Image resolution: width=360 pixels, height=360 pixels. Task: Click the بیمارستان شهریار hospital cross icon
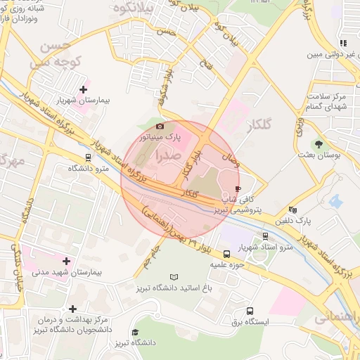coord(84,89)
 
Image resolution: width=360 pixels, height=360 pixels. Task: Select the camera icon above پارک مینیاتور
coord(160,126)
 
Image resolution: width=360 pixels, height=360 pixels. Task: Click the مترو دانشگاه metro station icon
coord(88,157)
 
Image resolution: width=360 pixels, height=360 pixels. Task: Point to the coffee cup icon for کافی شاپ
coord(238,189)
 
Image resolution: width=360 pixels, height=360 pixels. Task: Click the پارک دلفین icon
coord(293,210)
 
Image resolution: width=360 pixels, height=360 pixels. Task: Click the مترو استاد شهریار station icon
coord(265,236)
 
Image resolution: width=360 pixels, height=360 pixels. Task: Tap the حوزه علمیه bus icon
coord(226,254)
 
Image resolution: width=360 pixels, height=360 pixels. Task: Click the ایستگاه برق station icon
coord(250,311)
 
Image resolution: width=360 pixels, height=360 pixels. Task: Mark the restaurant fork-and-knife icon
coord(342,43)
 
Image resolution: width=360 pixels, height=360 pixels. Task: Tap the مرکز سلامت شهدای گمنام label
coord(330,101)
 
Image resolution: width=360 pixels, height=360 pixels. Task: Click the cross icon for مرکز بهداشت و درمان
coord(72,309)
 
